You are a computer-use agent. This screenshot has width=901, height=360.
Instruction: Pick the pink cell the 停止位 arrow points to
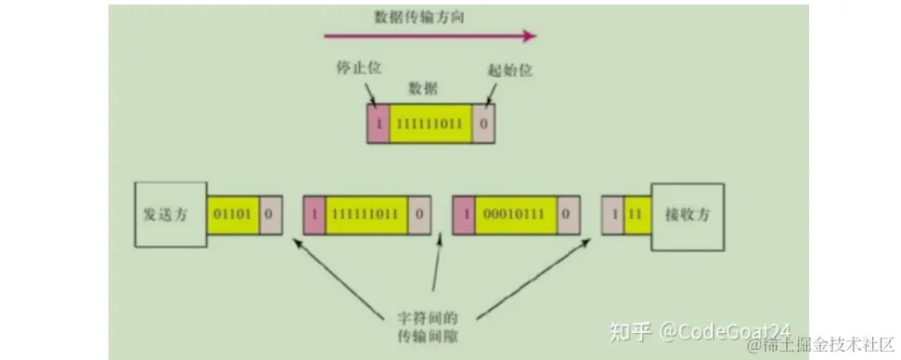pyautogui.click(x=378, y=122)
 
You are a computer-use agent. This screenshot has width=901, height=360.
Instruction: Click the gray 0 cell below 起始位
pyautogui.click(x=483, y=122)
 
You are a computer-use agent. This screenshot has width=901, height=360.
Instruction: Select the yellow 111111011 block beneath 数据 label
pyautogui.click(x=431, y=122)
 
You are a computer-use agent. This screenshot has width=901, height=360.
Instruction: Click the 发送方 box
pyautogui.click(x=170, y=214)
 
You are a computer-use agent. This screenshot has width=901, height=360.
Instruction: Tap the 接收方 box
pyautogui.click(x=687, y=214)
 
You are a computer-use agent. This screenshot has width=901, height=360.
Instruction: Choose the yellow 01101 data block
pyautogui.click(x=232, y=214)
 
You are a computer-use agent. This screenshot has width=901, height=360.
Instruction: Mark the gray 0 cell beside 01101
pyautogui.click(x=269, y=214)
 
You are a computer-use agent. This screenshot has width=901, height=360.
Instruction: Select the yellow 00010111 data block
pyautogui.click(x=513, y=214)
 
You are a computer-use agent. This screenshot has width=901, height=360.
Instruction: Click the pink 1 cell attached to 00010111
pyautogui.click(x=462, y=214)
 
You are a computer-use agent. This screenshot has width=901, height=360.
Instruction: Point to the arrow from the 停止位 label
pyautogui.click(x=371, y=93)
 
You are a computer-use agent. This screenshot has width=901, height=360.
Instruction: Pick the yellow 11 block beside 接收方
pyautogui.click(x=637, y=214)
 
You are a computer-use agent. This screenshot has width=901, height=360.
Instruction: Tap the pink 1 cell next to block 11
pyautogui.click(x=612, y=214)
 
